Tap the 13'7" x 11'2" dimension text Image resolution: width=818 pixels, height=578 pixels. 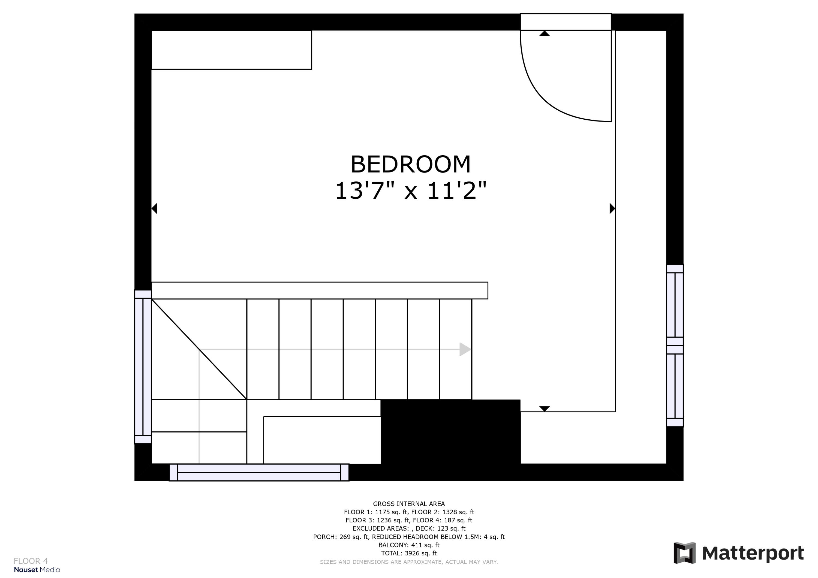click(x=410, y=190)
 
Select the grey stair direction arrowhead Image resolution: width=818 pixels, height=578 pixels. click(x=465, y=349)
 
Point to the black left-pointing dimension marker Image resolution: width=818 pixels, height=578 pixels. click(x=155, y=208)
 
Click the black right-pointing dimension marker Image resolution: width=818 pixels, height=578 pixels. click(x=612, y=208)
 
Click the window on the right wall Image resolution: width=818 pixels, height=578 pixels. click(x=675, y=346)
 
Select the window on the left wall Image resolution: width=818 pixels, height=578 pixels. click(x=143, y=367)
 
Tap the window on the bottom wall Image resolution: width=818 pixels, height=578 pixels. click(x=259, y=472)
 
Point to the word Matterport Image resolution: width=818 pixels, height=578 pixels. click(x=753, y=553)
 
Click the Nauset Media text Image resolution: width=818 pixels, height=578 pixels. click(x=37, y=570)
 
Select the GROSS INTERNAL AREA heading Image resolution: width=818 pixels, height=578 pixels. click(x=409, y=504)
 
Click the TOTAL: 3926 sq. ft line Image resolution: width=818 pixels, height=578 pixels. click(x=409, y=553)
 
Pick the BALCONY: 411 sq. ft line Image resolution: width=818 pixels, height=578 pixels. click(x=409, y=545)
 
